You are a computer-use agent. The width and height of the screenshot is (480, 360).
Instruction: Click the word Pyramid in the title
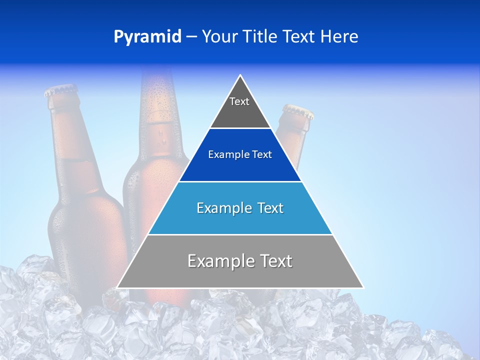[147, 37]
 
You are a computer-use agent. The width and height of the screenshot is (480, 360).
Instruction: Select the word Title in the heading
[262, 36]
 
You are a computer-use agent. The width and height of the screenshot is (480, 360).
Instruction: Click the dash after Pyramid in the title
[191, 37]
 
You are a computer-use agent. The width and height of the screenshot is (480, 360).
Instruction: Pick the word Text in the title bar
[300, 36]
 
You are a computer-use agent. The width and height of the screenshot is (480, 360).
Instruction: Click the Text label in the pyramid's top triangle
[239, 101]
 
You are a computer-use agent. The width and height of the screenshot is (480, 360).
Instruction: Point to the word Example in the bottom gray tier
[220, 261]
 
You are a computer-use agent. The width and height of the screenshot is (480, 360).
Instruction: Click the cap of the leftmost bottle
[60, 91]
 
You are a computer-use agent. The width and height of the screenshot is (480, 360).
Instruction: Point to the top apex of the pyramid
[240, 75]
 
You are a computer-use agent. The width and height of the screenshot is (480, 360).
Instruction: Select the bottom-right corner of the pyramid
[363, 287]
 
